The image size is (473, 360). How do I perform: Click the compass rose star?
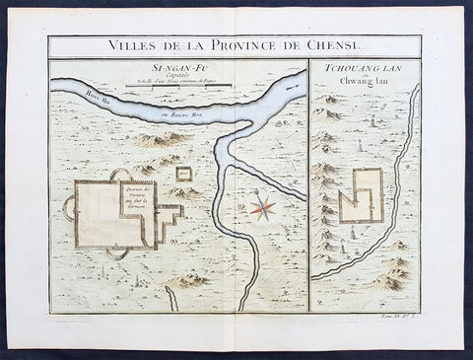point(262,207)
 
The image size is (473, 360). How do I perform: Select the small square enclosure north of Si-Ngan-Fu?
point(183,174)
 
